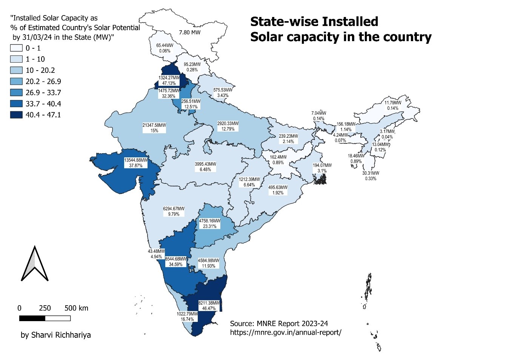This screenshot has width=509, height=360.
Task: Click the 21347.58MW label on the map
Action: pyautogui.click(x=154, y=128)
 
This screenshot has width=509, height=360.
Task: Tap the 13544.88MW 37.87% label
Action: pyautogui.click(x=135, y=163)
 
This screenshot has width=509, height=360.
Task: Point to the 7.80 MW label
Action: pyautogui.click(x=189, y=32)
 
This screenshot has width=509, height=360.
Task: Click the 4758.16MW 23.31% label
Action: pyautogui.click(x=210, y=223)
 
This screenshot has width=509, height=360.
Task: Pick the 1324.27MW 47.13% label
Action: pyautogui.click(x=169, y=80)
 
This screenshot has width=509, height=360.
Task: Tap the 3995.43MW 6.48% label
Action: pyautogui.click(x=205, y=167)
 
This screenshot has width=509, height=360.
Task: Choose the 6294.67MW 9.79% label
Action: pyautogui.click(x=174, y=211)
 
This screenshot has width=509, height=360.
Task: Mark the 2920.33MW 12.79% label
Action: pyautogui.click(x=228, y=126)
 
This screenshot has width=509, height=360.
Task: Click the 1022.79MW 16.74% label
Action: pyautogui.click(x=187, y=316)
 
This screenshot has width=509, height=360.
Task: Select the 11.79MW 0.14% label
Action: pyautogui.click(x=392, y=105)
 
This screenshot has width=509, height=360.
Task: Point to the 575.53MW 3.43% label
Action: pyautogui.click(x=223, y=93)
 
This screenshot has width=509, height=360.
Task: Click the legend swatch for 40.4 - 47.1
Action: pyautogui.click(x=16, y=115)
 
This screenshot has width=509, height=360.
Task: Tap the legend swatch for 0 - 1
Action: pyautogui.click(x=16, y=48)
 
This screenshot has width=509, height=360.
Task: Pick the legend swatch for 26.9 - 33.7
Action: pyautogui.click(x=16, y=92)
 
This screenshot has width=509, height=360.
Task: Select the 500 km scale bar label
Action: pyautogui.click(x=76, y=308)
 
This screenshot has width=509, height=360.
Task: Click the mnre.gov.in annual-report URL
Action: pyautogui.click(x=286, y=332)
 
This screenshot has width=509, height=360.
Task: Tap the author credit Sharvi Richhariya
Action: pyautogui.click(x=55, y=335)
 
